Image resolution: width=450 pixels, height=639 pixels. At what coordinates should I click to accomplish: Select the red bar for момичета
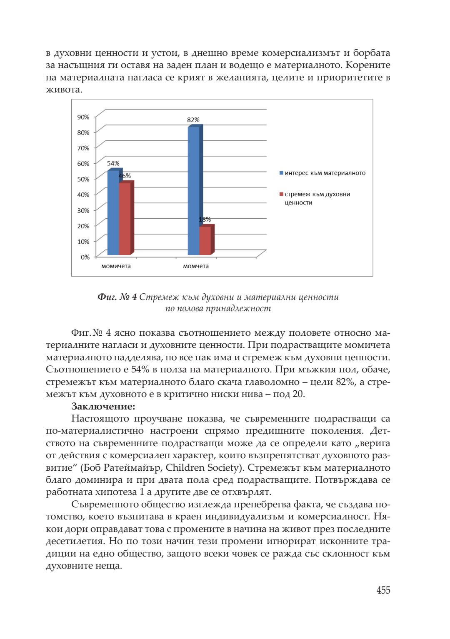pos(125,219)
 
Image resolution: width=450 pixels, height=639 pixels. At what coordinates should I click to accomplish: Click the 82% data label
pos(193,120)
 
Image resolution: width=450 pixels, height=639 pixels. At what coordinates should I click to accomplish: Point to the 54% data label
pos(113,164)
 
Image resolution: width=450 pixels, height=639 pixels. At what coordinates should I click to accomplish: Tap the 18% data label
pos(205,220)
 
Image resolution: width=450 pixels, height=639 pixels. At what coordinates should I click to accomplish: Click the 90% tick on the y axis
pos(83,117)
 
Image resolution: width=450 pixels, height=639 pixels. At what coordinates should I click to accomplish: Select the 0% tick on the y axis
pos(85,257)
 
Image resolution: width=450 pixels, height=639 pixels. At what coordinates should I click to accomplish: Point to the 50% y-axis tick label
pos(83,179)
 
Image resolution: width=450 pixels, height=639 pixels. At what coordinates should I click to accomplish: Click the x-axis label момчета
pos(196,266)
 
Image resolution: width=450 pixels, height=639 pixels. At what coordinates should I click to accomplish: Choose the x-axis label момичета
pos(116,266)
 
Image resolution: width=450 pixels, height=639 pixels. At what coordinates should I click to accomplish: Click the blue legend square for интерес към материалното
pos(281,173)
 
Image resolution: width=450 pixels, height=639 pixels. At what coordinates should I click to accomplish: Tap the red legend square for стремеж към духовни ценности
pos(281,194)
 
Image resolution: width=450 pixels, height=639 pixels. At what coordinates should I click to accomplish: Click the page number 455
pos(383,590)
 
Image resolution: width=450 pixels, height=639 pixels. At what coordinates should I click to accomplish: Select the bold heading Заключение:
pos(103,406)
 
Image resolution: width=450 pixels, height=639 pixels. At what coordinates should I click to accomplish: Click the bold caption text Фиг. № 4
pos(117,297)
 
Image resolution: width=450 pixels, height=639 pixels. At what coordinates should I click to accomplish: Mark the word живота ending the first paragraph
pos(63,90)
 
